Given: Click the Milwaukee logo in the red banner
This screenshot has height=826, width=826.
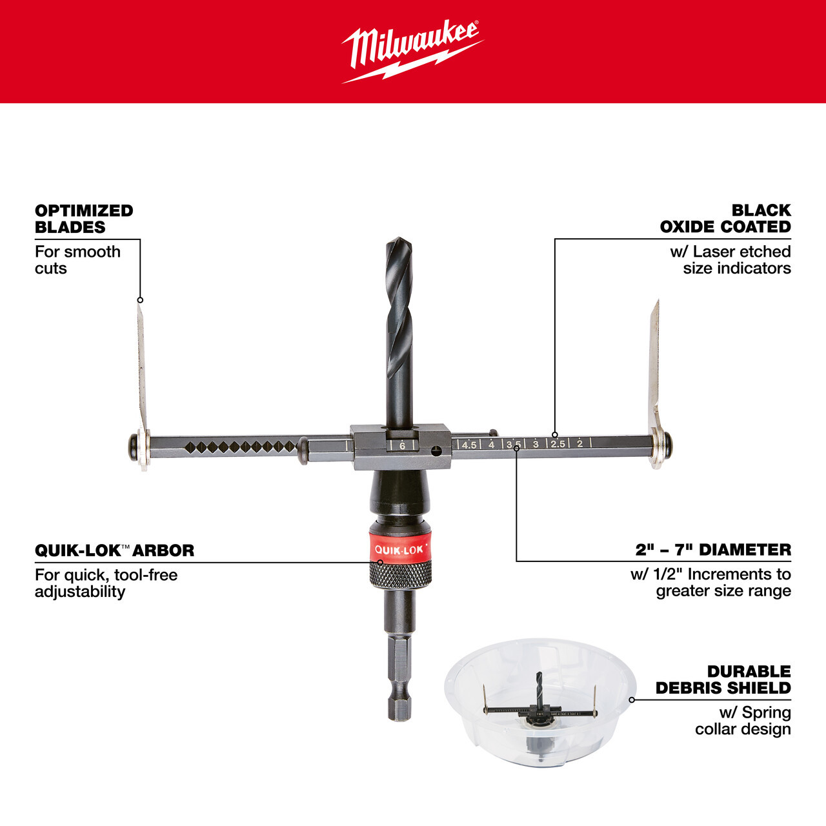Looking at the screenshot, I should point(412,52).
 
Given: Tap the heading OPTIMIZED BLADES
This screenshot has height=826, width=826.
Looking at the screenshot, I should point(84,219).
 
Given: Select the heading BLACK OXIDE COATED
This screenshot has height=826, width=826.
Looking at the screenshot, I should point(725,219).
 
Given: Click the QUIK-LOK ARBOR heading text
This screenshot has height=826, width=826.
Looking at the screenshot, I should point(114,550).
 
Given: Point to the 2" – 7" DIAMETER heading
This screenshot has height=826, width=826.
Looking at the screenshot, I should point(713,550).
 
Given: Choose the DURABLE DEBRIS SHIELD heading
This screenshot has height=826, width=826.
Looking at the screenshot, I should point(723,680).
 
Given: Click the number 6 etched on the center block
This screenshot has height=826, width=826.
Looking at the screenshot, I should point(402,445).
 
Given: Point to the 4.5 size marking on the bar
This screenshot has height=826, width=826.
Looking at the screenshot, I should point(469,445).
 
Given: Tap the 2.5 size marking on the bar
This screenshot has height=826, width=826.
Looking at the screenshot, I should point(558,444).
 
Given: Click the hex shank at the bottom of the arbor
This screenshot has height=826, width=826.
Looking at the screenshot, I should point(399,684).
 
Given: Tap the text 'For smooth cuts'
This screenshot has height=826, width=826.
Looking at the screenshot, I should point(77,260).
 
